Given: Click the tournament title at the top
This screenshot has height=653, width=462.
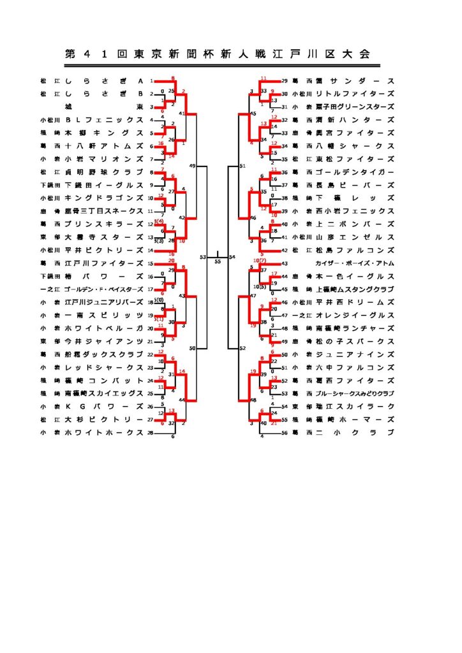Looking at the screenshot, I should (x=218, y=54).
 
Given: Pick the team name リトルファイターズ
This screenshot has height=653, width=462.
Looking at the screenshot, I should (x=350, y=94).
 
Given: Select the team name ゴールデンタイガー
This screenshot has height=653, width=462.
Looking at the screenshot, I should (x=350, y=172).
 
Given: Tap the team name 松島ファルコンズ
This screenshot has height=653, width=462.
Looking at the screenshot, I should (x=350, y=251).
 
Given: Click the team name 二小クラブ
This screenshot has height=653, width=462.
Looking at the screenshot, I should (x=350, y=434).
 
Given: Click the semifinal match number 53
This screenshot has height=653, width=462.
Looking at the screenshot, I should (x=202, y=257).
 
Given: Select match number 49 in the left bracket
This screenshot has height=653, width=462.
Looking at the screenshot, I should (x=193, y=166).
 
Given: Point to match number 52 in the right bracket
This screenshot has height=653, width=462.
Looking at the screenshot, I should (x=242, y=349).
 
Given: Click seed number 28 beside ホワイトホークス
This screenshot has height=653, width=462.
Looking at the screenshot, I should (x=151, y=434).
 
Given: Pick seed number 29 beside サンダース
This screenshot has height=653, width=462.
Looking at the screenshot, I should (x=285, y=81).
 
